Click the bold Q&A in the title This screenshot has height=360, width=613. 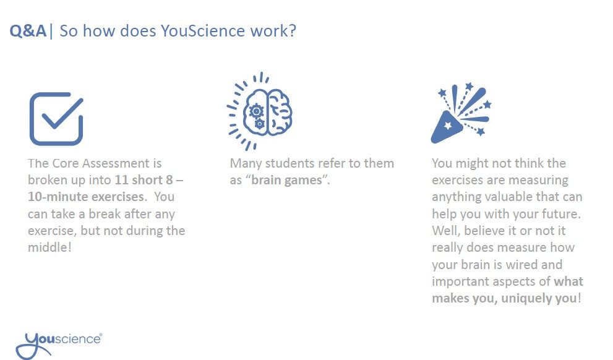point(28,31)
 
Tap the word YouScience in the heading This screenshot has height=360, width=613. point(203,31)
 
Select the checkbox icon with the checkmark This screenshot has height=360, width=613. point(56,119)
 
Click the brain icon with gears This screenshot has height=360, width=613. point(260,111)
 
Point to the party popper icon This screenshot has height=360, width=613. point(461,113)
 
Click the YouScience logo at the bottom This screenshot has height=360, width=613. point(59,345)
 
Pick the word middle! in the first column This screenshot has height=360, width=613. point(49,247)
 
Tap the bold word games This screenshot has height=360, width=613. point(303,181)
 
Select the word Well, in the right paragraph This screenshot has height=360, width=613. point(446,231)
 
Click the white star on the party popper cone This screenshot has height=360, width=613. point(448,126)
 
